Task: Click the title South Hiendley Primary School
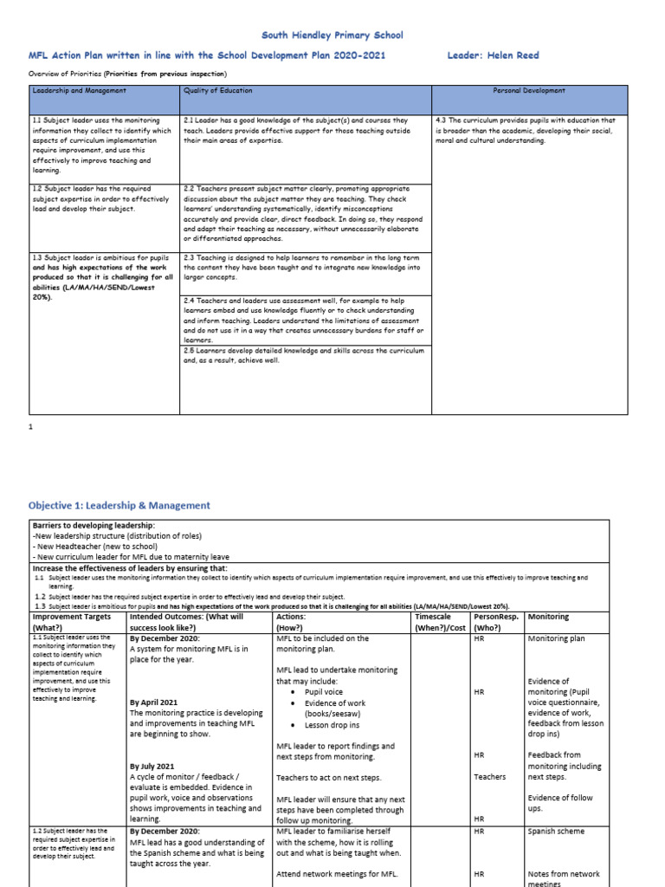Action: click(332, 36)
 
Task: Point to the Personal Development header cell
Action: click(528, 90)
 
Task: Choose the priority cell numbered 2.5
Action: click(303, 355)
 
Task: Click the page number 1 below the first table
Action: click(30, 428)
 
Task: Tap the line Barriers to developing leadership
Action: click(94, 526)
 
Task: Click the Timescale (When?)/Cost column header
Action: click(440, 622)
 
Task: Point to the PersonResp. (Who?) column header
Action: click(496, 622)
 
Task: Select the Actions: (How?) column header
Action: click(290, 622)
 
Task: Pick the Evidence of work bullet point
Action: click(334, 702)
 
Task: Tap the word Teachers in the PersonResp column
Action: click(490, 777)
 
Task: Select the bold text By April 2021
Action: click(153, 702)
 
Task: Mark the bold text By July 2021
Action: click(152, 767)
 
